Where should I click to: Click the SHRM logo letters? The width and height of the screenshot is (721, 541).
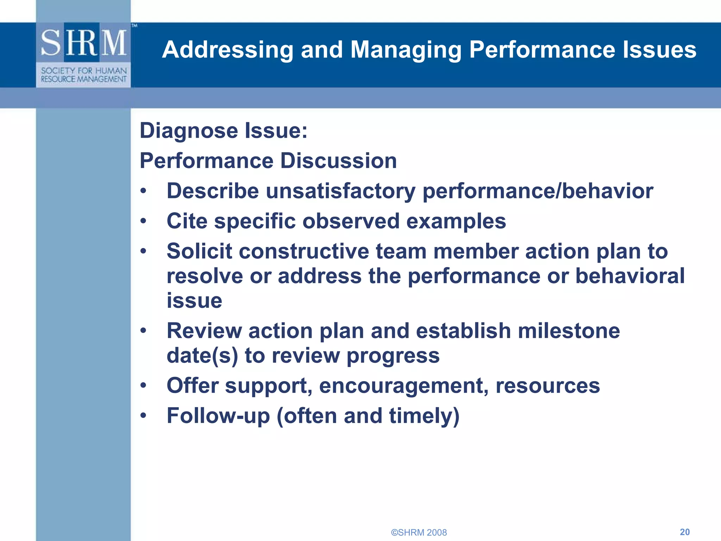[84, 43]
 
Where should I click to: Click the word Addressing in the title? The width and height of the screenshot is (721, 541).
[227, 50]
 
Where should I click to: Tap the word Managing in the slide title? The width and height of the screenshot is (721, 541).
[406, 50]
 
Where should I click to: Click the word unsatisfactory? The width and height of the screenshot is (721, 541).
[340, 191]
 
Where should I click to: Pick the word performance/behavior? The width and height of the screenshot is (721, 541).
[538, 191]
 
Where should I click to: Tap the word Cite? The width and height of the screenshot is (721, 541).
[187, 221]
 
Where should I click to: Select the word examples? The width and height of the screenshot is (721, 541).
[456, 221]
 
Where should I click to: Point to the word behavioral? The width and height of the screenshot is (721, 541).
[630, 276]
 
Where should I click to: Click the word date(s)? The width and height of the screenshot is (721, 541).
[202, 355]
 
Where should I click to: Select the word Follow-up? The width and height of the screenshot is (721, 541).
[218, 416]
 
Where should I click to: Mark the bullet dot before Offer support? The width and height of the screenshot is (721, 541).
[143, 386]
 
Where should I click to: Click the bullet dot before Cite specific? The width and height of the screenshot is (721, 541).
[143, 221]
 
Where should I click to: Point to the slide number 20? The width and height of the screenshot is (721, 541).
[684, 532]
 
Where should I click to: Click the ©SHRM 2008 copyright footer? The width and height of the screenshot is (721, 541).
[419, 532]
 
